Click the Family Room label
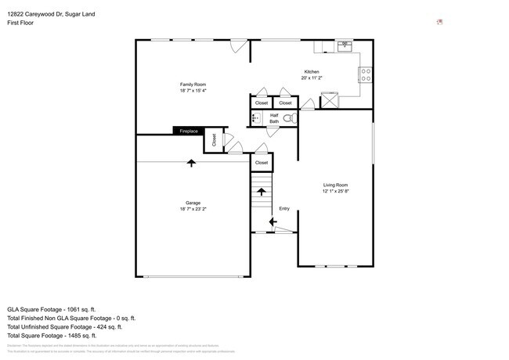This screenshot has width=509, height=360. pos(193,84)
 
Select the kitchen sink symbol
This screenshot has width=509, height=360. pos(345,46)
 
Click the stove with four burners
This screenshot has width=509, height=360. pos(366,75)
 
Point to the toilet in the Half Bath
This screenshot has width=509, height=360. pos(287,119)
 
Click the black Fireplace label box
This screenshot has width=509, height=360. pos(189,131)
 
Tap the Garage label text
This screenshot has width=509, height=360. pos(193,203)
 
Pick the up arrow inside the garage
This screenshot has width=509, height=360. pos(192,163)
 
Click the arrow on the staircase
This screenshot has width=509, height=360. pos(262,191)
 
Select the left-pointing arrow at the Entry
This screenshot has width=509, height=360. pos(272,222)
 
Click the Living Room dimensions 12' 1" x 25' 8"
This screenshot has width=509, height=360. pos(335,191)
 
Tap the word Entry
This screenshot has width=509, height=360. pos(284,208)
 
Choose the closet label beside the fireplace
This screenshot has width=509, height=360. pos(213,142)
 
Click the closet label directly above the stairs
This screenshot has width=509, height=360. pos(262,163)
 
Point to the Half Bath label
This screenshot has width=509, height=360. pos(274,119)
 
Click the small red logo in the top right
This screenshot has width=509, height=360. pos(439,22)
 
